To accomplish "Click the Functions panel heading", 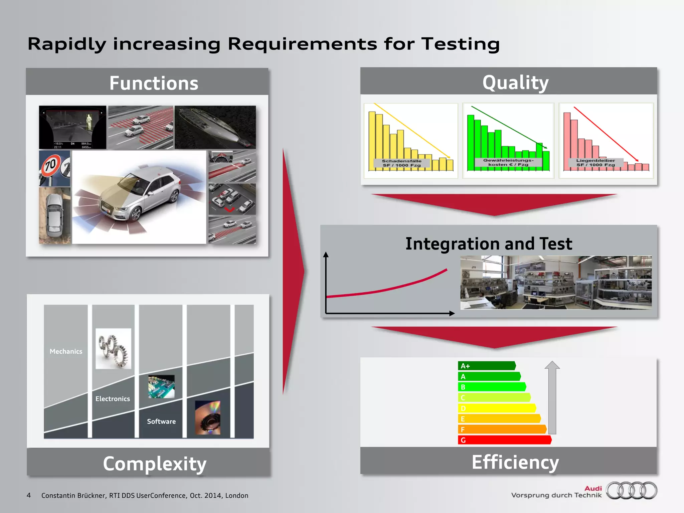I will (154, 83).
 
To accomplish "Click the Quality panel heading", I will (515, 82).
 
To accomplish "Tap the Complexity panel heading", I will (155, 464).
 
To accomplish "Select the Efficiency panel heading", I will (515, 462).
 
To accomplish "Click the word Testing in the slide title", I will (460, 44).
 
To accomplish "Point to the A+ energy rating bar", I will (486, 366).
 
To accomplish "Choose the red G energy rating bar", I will (504, 440).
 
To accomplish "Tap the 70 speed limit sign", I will (51, 165).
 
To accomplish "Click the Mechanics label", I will (66, 351).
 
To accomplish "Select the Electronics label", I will (113, 399).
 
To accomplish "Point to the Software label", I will (161, 421).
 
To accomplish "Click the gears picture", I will (113, 349).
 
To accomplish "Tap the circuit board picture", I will (161, 386).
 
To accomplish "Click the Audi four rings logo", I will (632, 490).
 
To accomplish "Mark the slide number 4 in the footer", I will (29, 495).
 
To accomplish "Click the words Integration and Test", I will (489, 243).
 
